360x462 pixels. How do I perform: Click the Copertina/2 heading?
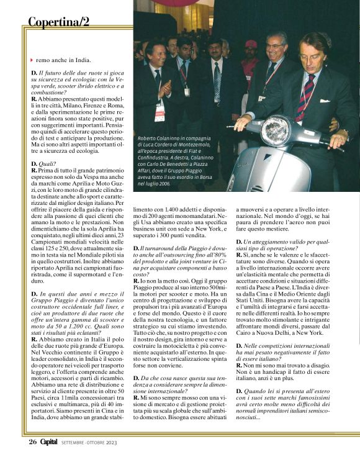pyautogui.click(x=59, y=22)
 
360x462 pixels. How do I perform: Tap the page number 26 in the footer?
pyautogui.click(x=32, y=442)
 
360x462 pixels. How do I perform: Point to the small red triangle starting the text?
pyautogui.click(x=32, y=60)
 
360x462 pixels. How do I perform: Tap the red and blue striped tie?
pyautogui.click(x=306, y=97)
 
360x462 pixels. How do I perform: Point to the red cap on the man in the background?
pyautogui.click(x=251, y=44)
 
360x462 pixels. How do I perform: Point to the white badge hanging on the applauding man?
pyautogui.click(x=160, y=112)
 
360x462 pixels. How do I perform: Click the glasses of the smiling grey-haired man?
pyautogui.click(x=274, y=46)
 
